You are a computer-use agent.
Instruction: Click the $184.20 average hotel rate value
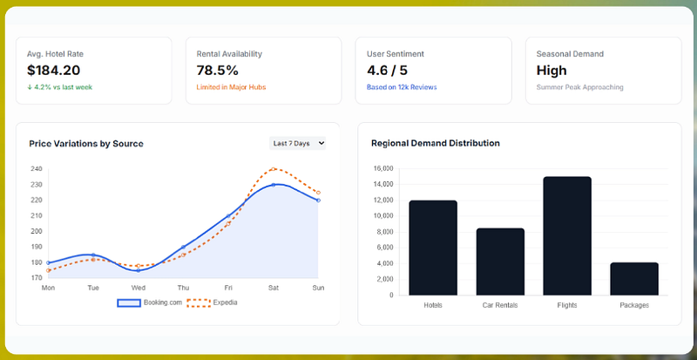click(53, 71)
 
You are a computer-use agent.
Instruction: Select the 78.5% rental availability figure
click(217, 71)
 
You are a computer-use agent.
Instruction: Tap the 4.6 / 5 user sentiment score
click(387, 71)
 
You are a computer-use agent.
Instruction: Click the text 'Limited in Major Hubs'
click(231, 87)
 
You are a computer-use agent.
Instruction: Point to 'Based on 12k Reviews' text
click(402, 87)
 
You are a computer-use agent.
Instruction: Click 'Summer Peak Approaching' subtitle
click(579, 87)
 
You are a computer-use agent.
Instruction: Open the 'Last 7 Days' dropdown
click(297, 143)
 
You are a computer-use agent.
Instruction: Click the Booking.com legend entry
click(150, 302)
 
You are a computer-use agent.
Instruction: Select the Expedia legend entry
click(212, 302)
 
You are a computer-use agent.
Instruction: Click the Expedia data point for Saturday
click(274, 169)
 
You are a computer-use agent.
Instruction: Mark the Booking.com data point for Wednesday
click(139, 270)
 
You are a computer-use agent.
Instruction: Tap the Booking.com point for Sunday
click(318, 200)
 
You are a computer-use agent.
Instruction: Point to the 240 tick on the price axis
click(37, 169)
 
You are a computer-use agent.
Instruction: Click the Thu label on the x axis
click(183, 288)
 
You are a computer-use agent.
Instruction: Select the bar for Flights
click(567, 236)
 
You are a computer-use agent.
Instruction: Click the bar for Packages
click(634, 279)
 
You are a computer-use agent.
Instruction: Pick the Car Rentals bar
click(500, 262)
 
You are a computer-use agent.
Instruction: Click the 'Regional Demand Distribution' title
click(436, 143)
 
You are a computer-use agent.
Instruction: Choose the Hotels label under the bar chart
click(433, 305)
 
